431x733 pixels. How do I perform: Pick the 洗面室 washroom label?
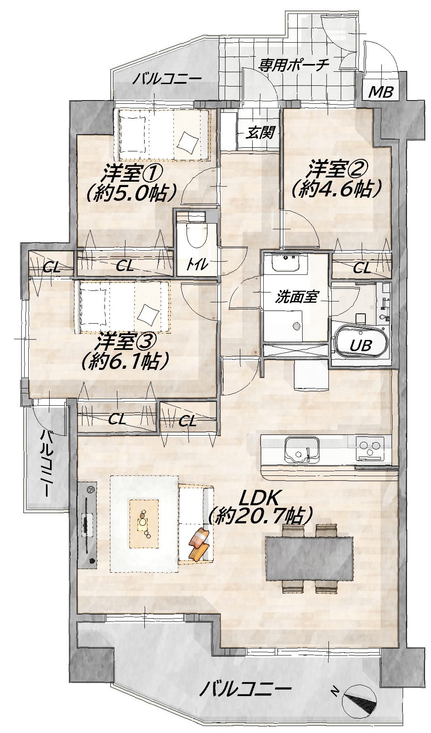pos(296,297)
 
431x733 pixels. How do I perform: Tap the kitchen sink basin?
pos(302,450)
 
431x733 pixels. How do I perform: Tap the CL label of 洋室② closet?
pos(362,268)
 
